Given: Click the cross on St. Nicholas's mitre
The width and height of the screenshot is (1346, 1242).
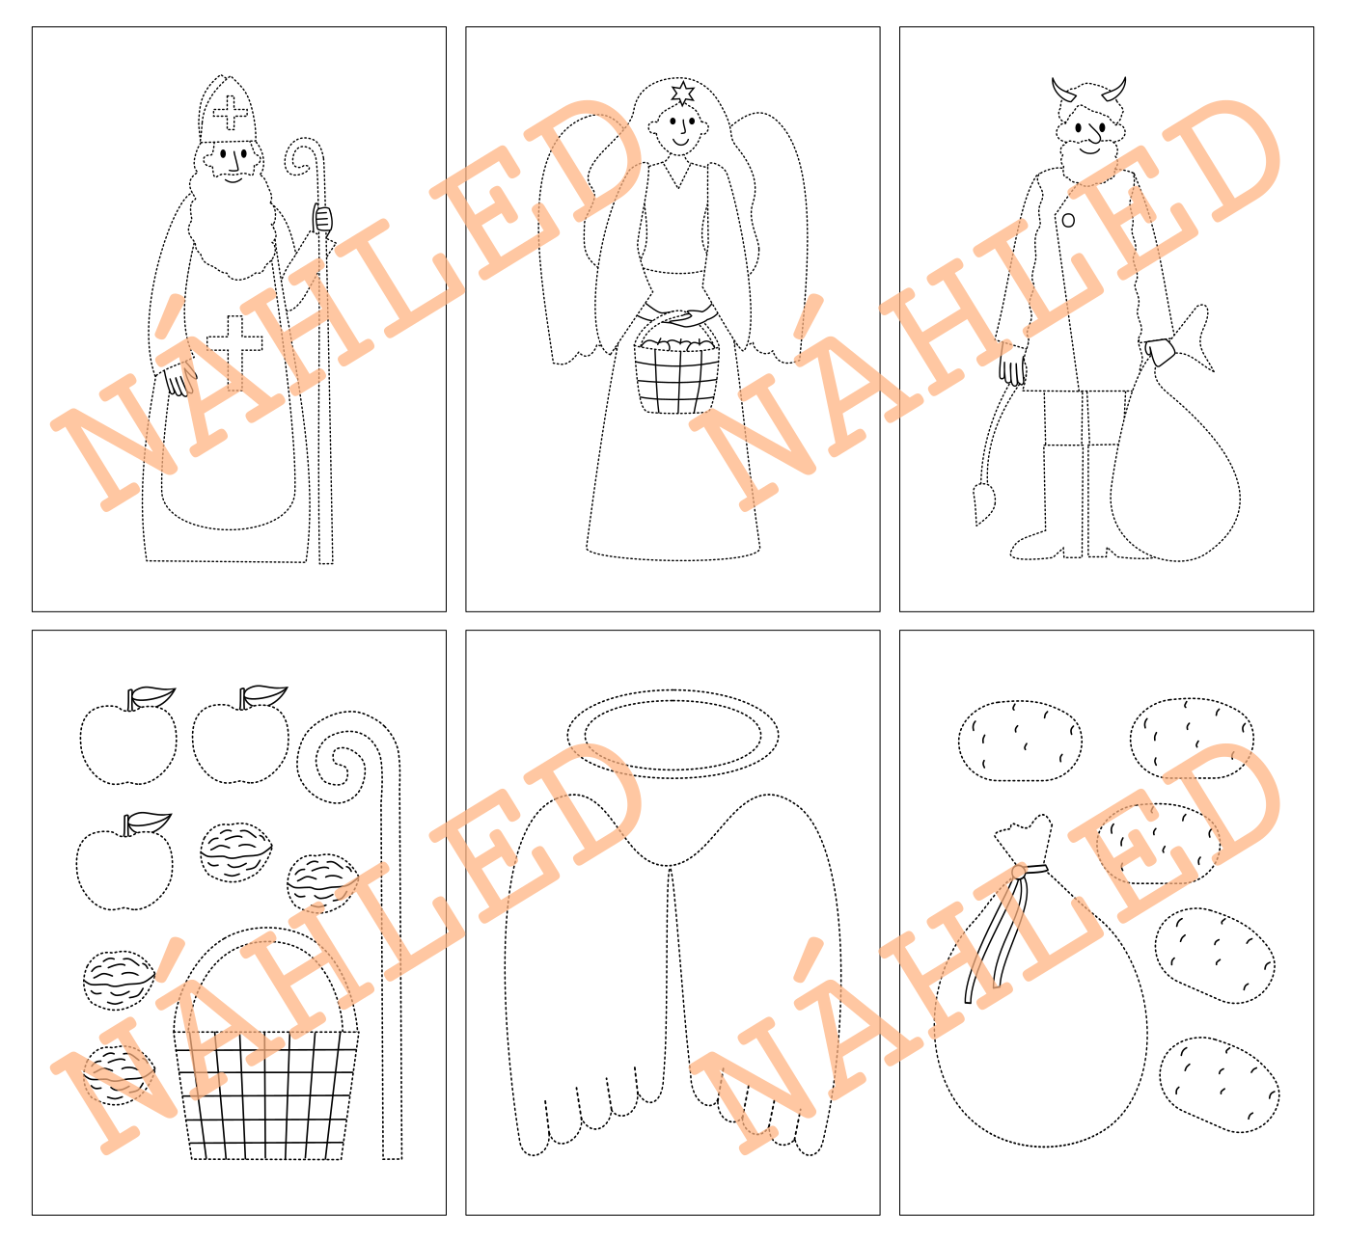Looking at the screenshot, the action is (x=230, y=113).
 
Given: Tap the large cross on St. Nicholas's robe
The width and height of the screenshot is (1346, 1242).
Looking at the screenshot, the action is (x=234, y=352).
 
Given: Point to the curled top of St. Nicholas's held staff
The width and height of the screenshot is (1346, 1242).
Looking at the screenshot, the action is (x=303, y=157).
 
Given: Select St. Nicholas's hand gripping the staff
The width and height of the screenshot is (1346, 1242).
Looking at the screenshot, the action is (x=322, y=220).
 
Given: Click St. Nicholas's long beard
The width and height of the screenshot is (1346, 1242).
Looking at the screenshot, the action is (x=233, y=224).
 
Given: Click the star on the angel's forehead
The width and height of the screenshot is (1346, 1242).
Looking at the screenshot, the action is (x=682, y=93).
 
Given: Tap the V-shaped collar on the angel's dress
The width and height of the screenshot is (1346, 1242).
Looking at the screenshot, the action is (x=676, y=174).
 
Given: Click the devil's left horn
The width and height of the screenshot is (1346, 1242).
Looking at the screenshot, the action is (x=1062, y=91).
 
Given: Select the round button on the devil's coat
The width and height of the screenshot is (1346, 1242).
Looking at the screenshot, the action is (x=1068, y=220).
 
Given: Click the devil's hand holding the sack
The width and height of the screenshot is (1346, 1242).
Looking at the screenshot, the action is (x=1160, y=352).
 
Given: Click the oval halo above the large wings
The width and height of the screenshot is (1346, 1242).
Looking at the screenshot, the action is (x=673, y=734).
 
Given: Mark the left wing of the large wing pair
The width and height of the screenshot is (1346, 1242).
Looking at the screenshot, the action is (x=583, y=976).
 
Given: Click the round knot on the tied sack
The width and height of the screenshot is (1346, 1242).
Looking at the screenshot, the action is (x=1019, y=873).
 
